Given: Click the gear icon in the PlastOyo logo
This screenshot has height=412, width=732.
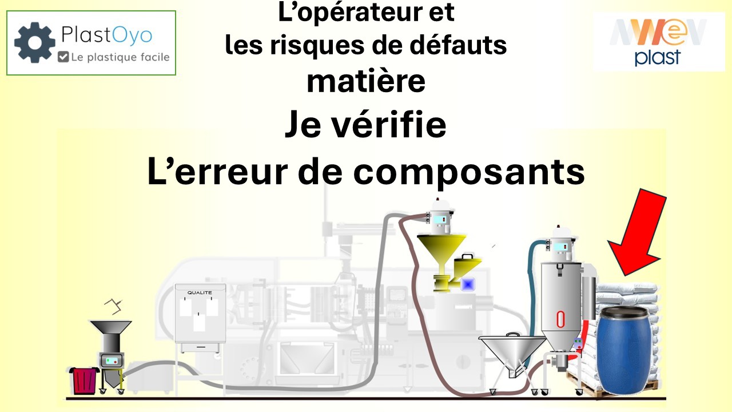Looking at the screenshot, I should (35, 42).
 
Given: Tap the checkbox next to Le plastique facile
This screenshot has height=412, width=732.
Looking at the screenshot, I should (63, 57).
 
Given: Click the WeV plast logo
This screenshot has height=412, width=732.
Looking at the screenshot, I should (658, 42).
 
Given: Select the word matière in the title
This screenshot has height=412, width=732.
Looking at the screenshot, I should (366, 82).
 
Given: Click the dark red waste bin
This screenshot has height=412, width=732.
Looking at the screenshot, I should (84, 381).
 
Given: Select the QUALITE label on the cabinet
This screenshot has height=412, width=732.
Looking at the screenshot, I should (200, 293).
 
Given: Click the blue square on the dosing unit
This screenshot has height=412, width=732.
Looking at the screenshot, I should (469, 283).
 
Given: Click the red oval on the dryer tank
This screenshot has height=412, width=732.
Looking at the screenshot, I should (561, 318).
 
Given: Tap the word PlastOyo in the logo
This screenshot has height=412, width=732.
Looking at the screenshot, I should (107, 36).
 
